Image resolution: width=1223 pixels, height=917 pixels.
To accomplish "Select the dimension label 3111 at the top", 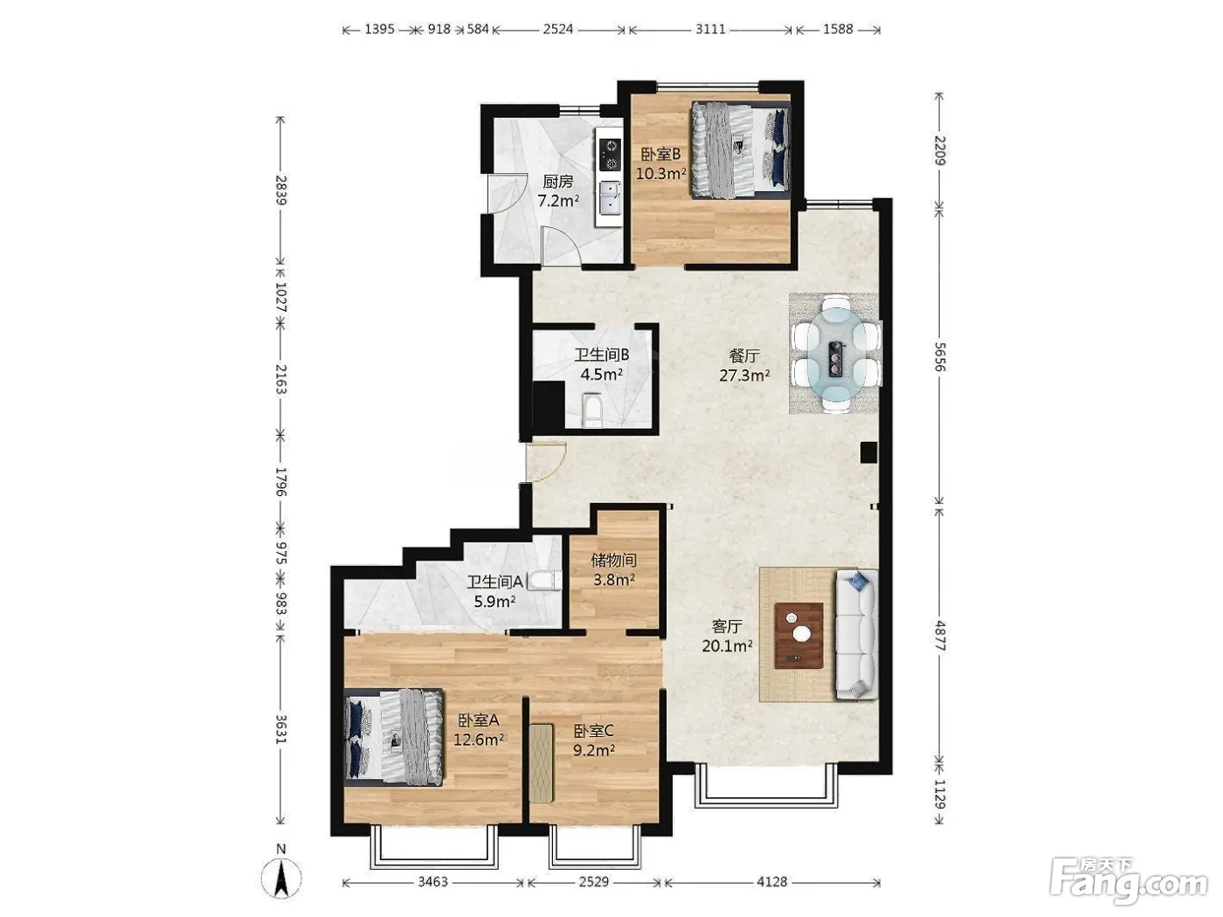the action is [710, 29].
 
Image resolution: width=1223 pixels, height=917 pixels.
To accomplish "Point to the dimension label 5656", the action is [939, 356].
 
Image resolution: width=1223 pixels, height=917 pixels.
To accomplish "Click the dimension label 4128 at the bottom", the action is [772, 882].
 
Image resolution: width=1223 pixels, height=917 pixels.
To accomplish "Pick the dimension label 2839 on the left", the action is [281, 190].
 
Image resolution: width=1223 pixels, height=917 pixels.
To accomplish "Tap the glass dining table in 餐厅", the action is [835, 354].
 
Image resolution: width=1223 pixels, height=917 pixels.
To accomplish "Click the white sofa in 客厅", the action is [856, 634].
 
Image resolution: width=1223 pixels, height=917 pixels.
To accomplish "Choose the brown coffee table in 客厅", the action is [799, 635].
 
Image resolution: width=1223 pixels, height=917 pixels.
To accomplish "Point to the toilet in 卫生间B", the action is [591, 410].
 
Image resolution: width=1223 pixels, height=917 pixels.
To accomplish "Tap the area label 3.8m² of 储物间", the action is [613, 580].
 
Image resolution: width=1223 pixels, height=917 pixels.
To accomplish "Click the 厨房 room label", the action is [557, 182].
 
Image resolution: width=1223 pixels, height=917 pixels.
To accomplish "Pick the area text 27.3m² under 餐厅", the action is [744, 375].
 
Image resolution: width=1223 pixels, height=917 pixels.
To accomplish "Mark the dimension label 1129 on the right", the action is [939, 794].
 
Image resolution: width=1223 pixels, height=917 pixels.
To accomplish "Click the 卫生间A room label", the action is [494, 582].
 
